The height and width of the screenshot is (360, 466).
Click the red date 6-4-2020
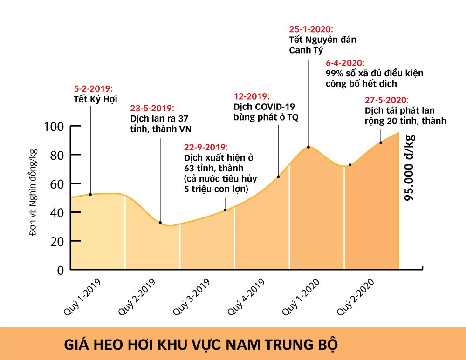345,63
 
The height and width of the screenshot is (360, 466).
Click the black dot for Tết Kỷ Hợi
90,194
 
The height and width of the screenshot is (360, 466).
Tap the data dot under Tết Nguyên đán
308,147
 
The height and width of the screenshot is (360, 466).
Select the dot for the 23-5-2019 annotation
160,223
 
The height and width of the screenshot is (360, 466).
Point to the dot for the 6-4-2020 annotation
350,165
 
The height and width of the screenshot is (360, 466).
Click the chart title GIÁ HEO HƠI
200,345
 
